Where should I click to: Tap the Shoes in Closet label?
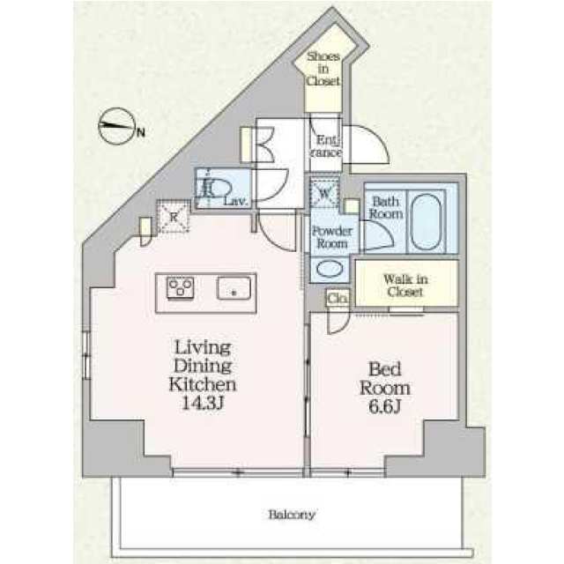323,68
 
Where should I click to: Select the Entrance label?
325,146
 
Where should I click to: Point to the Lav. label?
236,202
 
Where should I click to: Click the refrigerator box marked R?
174,216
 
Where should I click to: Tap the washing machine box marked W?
323,193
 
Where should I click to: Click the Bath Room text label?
385,207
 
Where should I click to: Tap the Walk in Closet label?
404,285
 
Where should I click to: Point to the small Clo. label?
338,299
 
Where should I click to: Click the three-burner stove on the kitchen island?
181,288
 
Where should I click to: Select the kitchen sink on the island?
235,288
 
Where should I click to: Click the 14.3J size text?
202,404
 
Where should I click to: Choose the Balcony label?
292,515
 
